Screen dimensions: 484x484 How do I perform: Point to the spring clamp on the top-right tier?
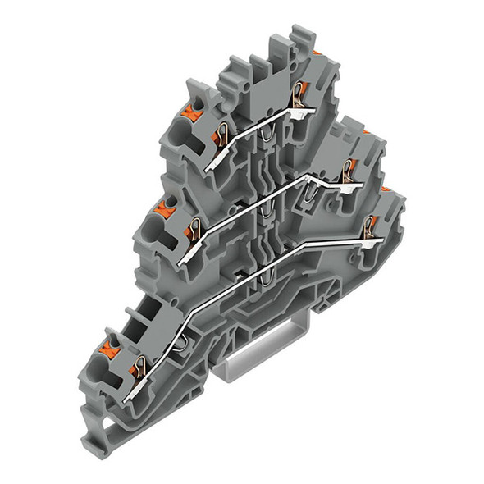pyautogui.click(x=298, y=92)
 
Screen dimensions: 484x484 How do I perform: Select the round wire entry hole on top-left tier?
pyautogui.click(x=180, y=130)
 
